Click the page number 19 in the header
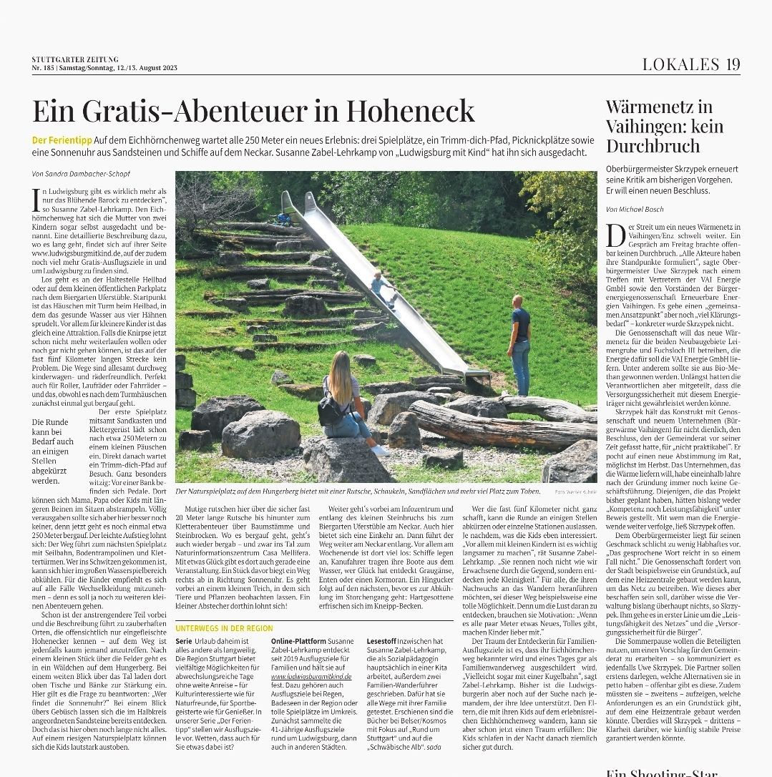(x=731, y=64)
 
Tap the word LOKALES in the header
(x=680, y=64)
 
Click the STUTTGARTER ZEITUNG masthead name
(x=75, y=59)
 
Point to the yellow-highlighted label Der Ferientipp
(x=59, y=140)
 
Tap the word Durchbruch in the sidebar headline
(x=653, y=146)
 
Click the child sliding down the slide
(x=379, y=286)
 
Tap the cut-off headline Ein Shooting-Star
(x=661, y=771)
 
